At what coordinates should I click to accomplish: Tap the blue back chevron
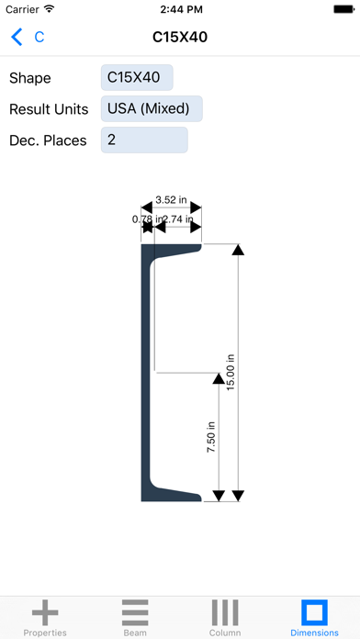(17, 38)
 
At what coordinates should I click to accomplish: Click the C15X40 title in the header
(179, 38)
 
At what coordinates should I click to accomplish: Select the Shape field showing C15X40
(136, 78)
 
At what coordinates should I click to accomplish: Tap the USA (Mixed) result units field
(151, 109)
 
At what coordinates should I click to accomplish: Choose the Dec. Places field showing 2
(143, 140)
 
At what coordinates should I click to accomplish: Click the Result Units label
(49, 109)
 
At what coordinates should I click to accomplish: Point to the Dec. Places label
(48, 140)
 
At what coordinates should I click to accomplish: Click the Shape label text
(30, 78)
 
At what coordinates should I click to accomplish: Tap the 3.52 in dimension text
(171, 199)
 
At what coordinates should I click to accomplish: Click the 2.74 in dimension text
(177, 219)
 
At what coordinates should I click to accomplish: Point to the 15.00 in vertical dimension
(231, 373)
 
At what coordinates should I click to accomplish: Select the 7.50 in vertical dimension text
(211, 437)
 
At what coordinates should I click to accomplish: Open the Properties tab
(45, 617)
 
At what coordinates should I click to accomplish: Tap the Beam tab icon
(135, 611)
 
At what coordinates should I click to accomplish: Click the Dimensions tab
(314, 617)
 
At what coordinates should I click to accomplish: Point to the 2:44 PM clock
(180, 9)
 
